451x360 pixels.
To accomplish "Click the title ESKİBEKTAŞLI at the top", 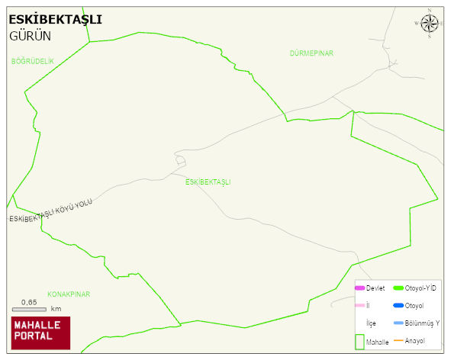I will click(55, 20).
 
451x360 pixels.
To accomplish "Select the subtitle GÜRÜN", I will click(30, 35).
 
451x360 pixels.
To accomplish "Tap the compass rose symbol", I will click(430, 24).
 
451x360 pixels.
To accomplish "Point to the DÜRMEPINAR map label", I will click(311, 53).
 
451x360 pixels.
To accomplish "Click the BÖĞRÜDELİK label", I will click(33, 60).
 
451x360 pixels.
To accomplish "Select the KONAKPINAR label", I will click(69, 294).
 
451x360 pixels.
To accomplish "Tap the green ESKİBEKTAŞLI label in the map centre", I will click(208, 182).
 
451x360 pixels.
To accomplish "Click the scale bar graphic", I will click(29, 309).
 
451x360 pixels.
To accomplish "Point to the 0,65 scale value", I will click(29, 302).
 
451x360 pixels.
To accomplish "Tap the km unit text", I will click(56, 309).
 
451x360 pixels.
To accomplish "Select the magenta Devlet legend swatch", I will click(359, 288).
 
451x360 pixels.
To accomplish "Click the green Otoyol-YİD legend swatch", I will click(398, 288).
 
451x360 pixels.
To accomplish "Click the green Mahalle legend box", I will click(359, 342).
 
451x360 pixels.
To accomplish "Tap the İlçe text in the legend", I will click(371, 323).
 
